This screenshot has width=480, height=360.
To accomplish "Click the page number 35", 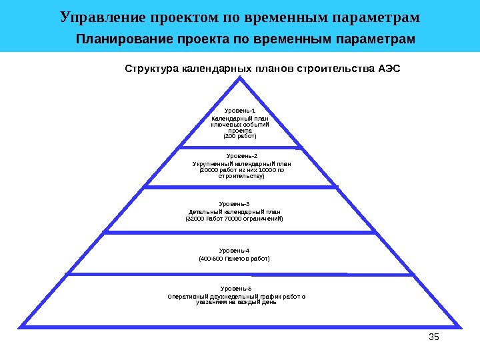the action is [x=433, y=337].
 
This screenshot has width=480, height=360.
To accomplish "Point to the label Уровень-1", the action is [x=239, y=110].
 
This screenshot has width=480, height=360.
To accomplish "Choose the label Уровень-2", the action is [x=241, y=155].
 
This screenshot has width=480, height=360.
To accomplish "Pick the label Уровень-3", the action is [x=234, y=203].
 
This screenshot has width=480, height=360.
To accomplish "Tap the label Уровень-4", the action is [x=234, y=250].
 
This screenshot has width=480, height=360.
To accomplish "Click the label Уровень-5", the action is [x=236, y=288].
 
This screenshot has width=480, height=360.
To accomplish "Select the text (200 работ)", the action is [x=239, y=136].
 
